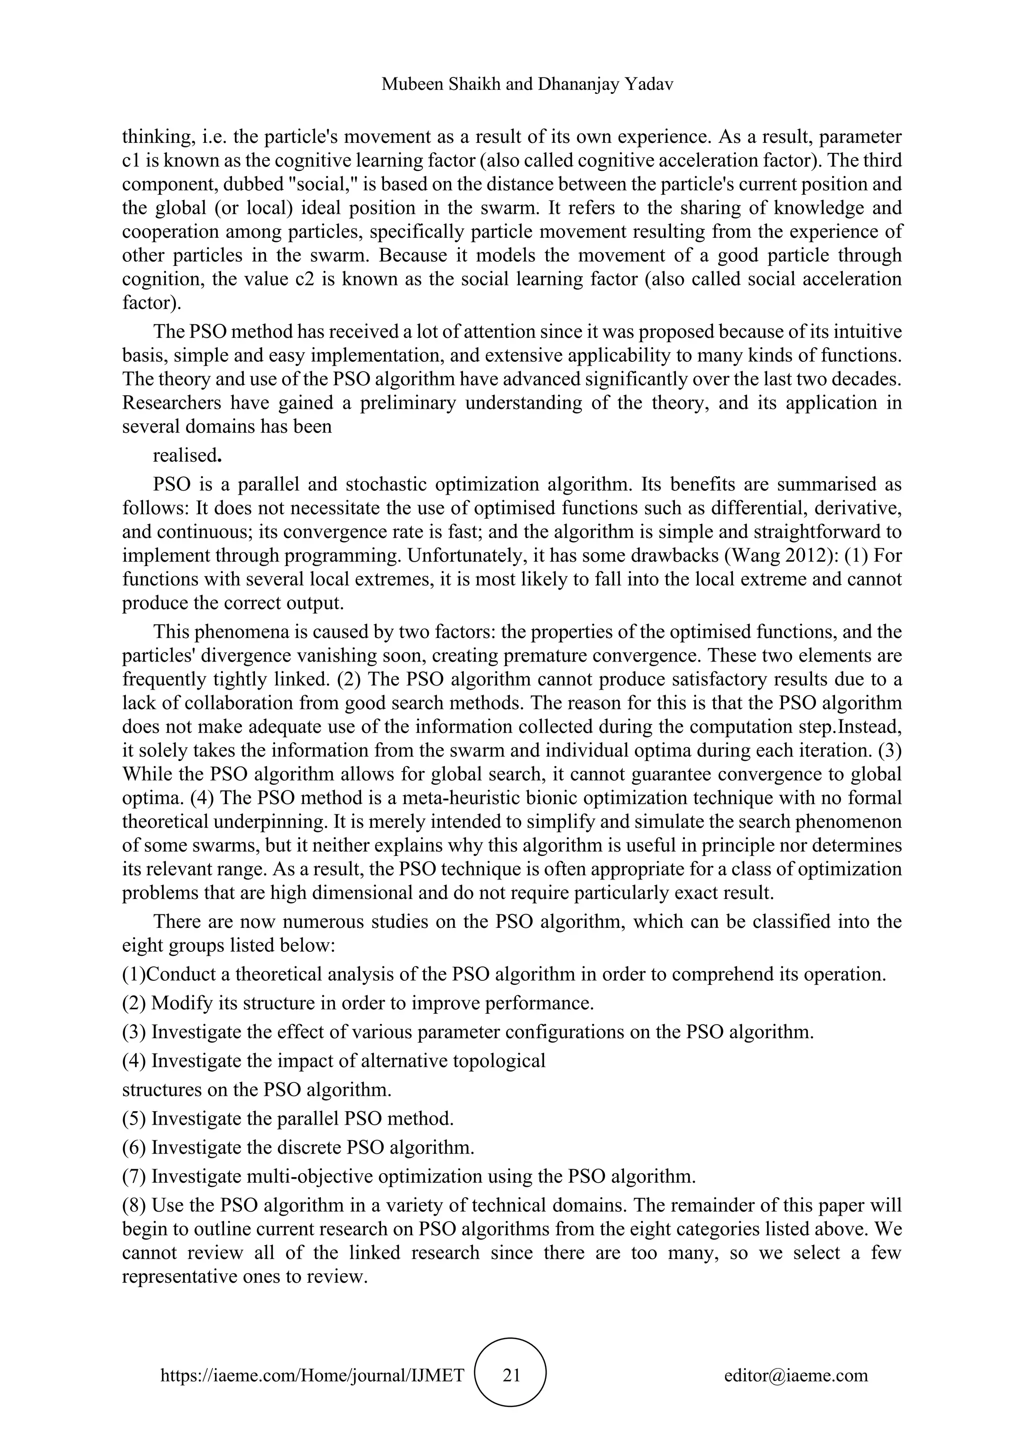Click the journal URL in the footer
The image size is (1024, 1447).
[x=312, y=1375]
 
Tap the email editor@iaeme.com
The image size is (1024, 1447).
[x=795, y=1375]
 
